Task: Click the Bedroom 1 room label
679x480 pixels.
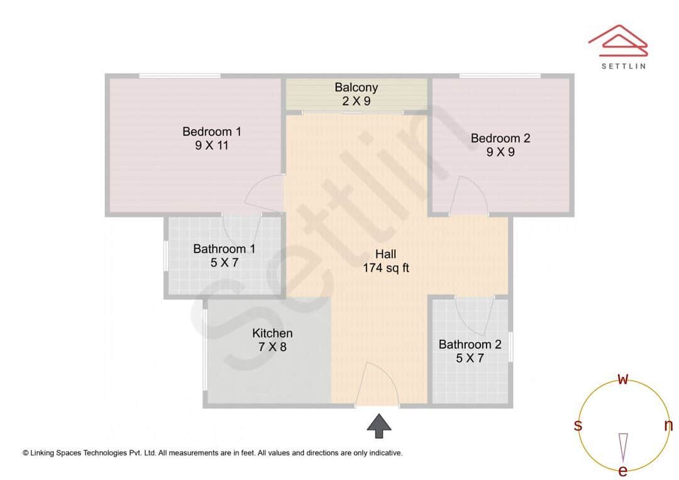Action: coord(212,131)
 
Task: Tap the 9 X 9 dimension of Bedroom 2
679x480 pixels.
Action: coord(500,151)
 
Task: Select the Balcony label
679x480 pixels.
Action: coord(356,87)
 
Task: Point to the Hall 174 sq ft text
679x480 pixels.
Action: coord(386,261)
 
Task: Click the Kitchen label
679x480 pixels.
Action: coord(272,333)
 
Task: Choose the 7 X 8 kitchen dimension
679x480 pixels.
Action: coord(272,346)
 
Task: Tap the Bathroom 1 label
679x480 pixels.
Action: coord(224,249)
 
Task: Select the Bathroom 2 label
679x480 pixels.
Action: coord(470,344)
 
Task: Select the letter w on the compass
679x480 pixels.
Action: coord(623,379)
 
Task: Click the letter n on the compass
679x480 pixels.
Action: coord(668,425)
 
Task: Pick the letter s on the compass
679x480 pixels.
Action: coord(578,425)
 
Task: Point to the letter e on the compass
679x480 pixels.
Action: coord(623,471)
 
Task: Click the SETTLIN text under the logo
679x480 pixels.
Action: coord(623,65)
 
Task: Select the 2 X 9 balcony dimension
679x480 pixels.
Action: coord(356,101)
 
